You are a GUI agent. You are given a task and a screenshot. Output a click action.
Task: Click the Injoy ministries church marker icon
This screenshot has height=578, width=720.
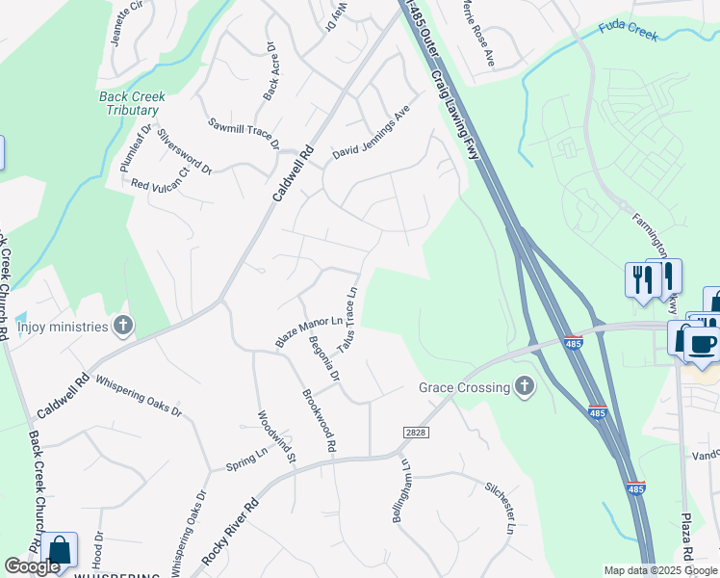[x=122, y=326]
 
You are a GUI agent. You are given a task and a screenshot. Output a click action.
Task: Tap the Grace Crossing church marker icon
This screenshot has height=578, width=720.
[x=524, y=387]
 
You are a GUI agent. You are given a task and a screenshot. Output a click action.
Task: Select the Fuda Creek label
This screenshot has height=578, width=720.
[x=629, y=31]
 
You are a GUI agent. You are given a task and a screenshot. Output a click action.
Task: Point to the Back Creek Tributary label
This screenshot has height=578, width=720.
[x=133, y=103]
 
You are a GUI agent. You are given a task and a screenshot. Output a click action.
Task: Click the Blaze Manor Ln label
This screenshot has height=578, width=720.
[x=308, y=331]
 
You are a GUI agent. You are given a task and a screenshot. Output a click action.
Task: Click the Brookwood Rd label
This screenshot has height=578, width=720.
[x=319, y=421]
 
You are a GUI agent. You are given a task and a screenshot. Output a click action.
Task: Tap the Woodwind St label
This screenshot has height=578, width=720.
[x=275, y=437]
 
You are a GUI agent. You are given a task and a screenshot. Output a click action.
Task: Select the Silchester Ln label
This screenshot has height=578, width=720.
[x=501, y=508]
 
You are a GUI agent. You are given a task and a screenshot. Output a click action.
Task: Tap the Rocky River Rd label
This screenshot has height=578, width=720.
[x=231, y=532]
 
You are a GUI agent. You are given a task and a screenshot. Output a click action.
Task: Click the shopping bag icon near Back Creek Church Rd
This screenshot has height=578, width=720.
[x=60, y=551]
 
